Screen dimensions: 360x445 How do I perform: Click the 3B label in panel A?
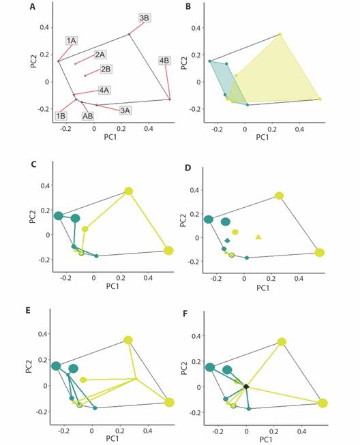click(145, 18)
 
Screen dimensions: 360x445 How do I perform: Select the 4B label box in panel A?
click(164, 61)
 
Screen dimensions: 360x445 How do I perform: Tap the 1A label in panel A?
click(72, 41)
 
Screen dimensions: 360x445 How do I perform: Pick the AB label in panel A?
click(88, 116)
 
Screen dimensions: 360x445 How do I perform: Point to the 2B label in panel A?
click(106, 69)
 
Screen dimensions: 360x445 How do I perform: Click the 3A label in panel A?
click(125, 110)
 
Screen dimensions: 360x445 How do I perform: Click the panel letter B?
click(188, 7)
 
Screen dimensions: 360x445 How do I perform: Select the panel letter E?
click(28, 310)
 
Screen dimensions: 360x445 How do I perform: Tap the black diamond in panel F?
click(246, 386)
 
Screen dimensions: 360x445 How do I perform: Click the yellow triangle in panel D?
click(258, 236)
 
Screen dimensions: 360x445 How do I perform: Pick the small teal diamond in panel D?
click(227, 241)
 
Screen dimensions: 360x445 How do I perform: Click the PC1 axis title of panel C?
click(112, 286)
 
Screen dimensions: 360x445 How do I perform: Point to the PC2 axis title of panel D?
click(183, 220)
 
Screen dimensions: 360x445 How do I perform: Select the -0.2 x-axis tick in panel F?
click(218, 431)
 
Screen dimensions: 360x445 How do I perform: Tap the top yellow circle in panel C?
click(129, 191)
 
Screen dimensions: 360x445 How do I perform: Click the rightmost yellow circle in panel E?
click(170, 402)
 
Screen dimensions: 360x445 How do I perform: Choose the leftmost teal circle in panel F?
click(210, 367)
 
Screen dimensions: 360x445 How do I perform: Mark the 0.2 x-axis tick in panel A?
click(121, 129)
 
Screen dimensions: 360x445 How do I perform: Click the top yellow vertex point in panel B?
click(280, 34)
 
